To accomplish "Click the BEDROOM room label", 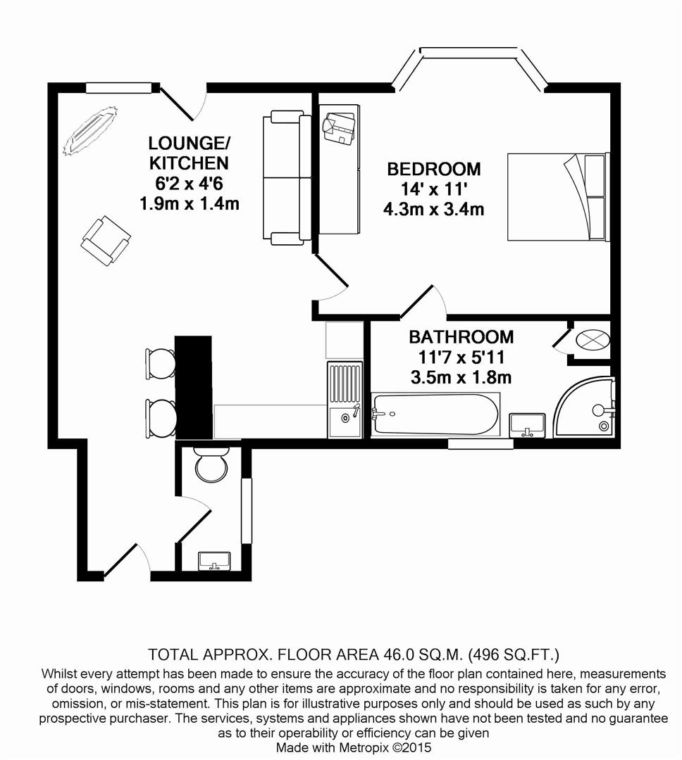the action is tap(433, 169).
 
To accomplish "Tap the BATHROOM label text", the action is tap(461, 337).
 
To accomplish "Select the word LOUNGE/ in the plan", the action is tap(190, 144).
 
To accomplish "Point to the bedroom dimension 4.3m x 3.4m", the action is tap(433, 210).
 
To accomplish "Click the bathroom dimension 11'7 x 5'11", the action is tap(461, 357).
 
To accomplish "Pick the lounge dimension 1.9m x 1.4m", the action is tap(190, 203).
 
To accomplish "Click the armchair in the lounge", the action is tap(106, 241).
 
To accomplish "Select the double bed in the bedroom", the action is tap(558, 197).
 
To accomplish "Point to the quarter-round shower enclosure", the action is tap(585, 407).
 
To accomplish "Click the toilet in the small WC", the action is tap(211, 464).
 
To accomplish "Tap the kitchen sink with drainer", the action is tap(345, 400).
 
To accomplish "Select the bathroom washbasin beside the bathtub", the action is tap(527, 424).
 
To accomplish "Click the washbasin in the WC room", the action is tap(215, 561).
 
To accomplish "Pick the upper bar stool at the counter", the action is tap(161, 364).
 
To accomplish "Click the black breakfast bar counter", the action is tap(193, 387).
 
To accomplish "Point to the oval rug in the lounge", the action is tap(90, 130).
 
